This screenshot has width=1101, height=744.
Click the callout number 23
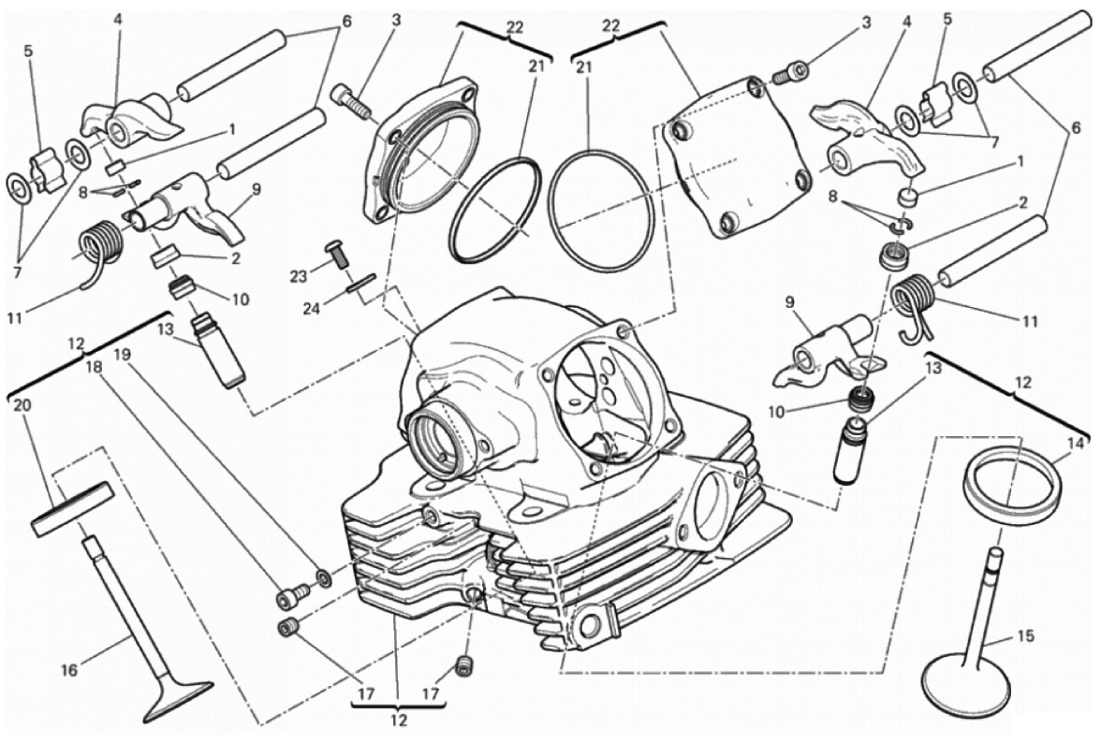tap(299, 276)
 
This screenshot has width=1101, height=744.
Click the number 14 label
tap(1076, 443)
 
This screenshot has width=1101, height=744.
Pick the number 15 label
tap(1025, 636)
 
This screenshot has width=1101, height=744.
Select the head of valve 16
tap(178, 700)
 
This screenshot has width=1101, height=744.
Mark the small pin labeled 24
tap(360, 284)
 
